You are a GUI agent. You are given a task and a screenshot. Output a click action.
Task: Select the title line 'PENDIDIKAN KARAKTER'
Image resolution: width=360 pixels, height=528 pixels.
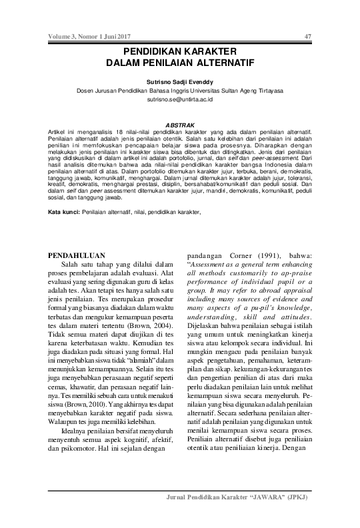coord(179,51)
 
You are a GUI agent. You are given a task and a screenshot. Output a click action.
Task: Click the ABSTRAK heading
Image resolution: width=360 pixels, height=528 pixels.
coord(179,125)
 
